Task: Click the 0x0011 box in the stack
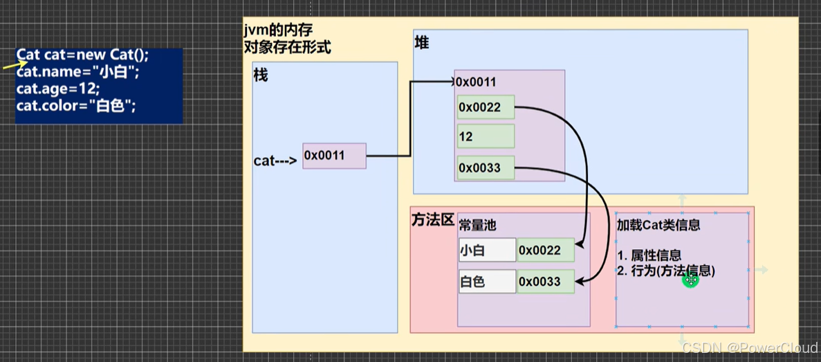[x=333, y=156]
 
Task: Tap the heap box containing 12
[x=486, y=136]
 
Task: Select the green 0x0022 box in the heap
[x=486, y=107]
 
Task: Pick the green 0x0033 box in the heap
[x=486, y=168]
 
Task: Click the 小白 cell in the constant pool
[x=487, y=250]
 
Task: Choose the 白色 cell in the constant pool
[x=487, y=281]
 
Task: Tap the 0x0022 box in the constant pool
[x=546, y=250]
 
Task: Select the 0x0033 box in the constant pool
[x=546, y=281]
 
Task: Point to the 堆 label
[x=421, y=43]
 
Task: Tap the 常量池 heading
[x=477, y=225]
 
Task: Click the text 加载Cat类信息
[x=658, y=225]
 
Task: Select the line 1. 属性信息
[x=649, y=255]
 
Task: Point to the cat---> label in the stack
[x=275, y=161]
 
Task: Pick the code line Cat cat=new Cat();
[x=82, y=55]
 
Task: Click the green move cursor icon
[x=690, y=280]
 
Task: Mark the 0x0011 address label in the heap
[x=477, y=82]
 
